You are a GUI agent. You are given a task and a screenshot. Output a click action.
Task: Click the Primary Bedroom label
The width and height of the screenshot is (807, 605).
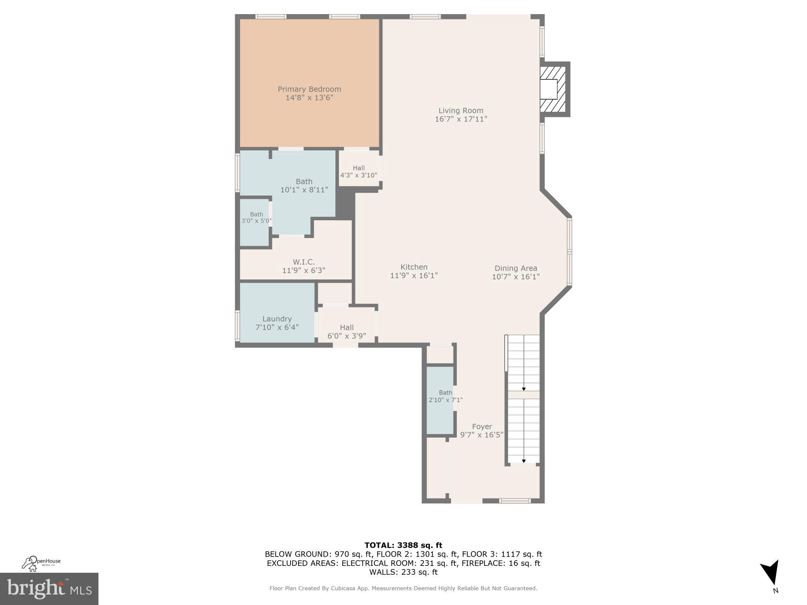coord(309,89)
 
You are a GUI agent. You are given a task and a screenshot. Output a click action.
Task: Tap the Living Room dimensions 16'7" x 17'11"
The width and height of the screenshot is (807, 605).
coord(461,119)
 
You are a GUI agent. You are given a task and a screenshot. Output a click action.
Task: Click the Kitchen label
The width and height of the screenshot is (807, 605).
coord(414,267)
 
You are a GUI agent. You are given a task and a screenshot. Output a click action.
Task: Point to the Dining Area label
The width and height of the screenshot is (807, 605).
coord(516,268)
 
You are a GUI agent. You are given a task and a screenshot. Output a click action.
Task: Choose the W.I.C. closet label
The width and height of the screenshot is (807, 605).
coord(303,262)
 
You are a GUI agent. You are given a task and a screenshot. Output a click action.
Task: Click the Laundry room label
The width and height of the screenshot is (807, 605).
coord(277,319)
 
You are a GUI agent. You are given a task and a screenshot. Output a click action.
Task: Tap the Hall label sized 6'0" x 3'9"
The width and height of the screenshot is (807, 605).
coord(347,328)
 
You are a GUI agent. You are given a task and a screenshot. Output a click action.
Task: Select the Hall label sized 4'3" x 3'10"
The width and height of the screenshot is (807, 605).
coord(359,168)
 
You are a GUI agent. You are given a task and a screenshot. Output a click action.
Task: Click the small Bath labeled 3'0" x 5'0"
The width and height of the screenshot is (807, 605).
coord(256,215)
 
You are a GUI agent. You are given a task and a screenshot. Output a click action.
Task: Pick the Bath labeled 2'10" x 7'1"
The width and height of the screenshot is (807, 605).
coord(445,392)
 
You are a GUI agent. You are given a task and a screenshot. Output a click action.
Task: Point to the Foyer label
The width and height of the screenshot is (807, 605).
coord(482,426)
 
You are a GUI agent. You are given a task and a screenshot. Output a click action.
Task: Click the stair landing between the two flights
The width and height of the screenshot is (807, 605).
coord(523,395)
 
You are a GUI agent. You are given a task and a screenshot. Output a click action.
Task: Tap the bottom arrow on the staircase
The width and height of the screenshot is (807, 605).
coord(524,461)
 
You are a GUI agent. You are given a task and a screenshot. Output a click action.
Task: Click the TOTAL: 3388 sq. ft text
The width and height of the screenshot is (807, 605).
coord(403,545)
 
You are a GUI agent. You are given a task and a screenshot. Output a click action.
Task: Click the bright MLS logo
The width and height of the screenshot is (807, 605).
coord(49,589)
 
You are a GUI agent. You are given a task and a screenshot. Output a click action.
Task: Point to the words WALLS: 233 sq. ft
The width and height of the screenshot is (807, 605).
coord(403,572)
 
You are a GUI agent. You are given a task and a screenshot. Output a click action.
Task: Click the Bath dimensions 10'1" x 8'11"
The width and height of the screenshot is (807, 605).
coord(304,190)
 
